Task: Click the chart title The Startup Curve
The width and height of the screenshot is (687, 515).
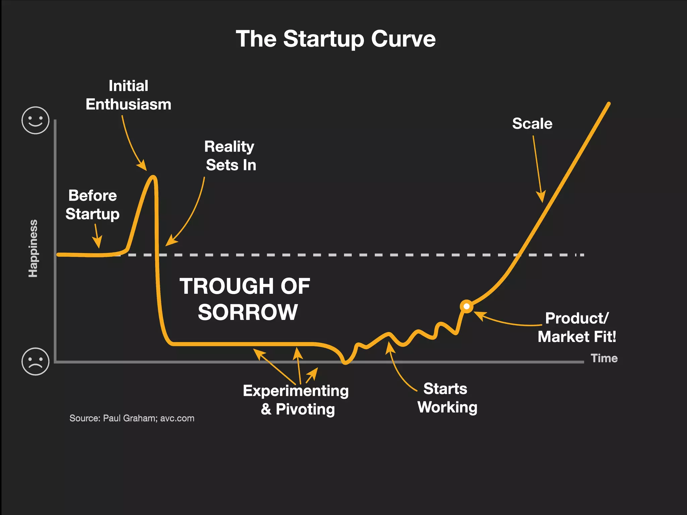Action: point(335,39)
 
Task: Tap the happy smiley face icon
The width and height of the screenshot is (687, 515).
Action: point(35,120)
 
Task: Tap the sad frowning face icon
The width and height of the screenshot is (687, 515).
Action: point(35,361)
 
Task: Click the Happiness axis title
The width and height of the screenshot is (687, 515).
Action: point(33,248)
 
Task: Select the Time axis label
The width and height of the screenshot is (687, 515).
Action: point(604,358)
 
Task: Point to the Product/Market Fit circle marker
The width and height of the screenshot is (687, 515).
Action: point(466,306)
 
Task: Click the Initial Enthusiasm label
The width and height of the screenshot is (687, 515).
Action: point(128,95)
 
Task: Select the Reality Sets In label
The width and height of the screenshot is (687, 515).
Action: point(230,156)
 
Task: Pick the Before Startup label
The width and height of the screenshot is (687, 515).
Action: point(92,205)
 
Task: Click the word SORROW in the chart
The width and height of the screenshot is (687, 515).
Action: point(248,312)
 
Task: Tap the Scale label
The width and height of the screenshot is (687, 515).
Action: point(532,123)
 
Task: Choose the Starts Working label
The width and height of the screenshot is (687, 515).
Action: point(447,398)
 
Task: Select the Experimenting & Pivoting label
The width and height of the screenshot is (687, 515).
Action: point(296,400)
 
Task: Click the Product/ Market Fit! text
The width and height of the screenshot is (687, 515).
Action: point(577,328)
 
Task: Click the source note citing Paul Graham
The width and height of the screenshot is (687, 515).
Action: point(132,418)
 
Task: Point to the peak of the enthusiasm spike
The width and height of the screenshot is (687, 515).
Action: point(153,177)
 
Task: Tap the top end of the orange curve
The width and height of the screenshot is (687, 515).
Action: point(609,104)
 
